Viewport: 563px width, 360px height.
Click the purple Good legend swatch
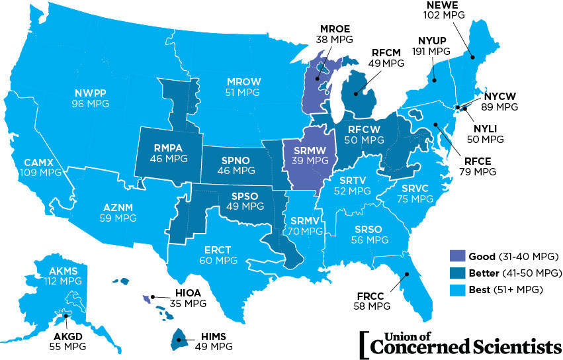pos(456,256)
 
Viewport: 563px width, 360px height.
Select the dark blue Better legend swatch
pos(456,273)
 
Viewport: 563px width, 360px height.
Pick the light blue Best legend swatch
pos(456,289)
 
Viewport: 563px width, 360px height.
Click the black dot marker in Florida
pos(408,274)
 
